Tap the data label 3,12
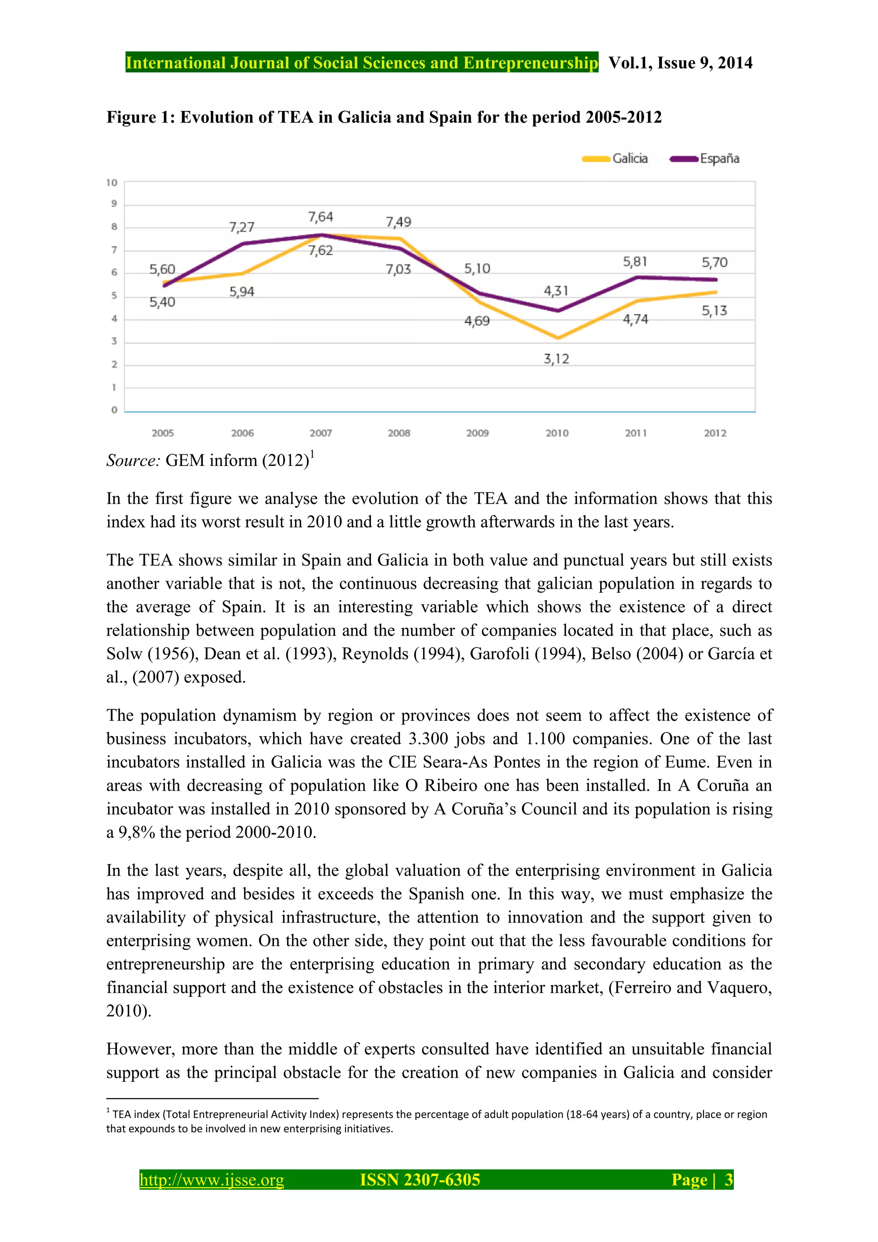coord(556,359)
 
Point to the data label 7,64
coord(320,217)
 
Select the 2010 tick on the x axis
coord(556,433)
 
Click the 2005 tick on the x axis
coord(162,433)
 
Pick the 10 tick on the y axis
coord(112,183)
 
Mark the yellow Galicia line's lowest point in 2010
coord(558,338)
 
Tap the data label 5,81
coord(634,262)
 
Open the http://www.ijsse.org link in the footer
coord(211,1179)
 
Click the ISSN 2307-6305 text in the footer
coord(420,1179)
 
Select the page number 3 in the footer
coord(728,1179)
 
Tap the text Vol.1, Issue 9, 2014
coord(680,63)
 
